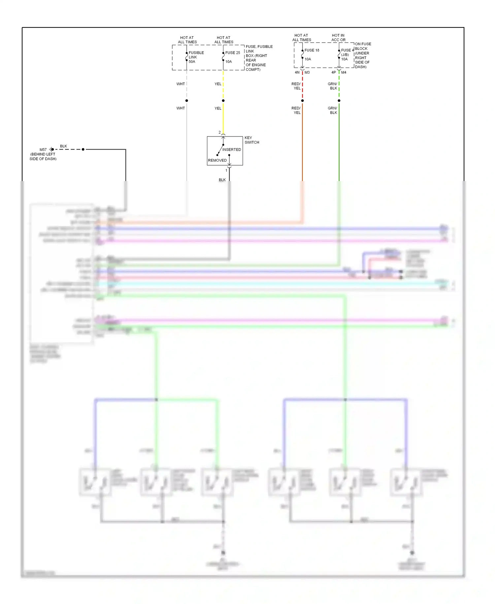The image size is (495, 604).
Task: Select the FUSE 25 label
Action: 232,53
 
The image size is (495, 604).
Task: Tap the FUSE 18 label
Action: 312,50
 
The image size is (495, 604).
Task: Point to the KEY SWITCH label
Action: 251,140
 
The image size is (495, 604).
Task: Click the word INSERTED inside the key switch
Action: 231,150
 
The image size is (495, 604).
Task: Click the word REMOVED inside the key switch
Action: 217,161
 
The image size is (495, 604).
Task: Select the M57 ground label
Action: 43,150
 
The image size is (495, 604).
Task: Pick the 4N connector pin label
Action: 297,72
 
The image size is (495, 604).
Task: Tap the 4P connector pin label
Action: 334,72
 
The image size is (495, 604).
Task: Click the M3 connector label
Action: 307,72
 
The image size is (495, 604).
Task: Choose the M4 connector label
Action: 344,72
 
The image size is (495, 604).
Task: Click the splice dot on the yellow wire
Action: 223,100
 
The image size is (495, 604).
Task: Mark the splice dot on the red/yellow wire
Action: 302,100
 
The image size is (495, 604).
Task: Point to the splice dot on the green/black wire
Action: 339,100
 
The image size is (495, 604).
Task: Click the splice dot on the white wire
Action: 187,100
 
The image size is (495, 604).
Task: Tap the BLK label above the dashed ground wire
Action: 63,146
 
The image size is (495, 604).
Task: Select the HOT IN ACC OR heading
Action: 338,38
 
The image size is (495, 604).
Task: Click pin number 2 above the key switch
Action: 219,132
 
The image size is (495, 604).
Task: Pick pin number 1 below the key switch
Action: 226,170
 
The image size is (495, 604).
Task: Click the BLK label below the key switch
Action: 222,180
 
